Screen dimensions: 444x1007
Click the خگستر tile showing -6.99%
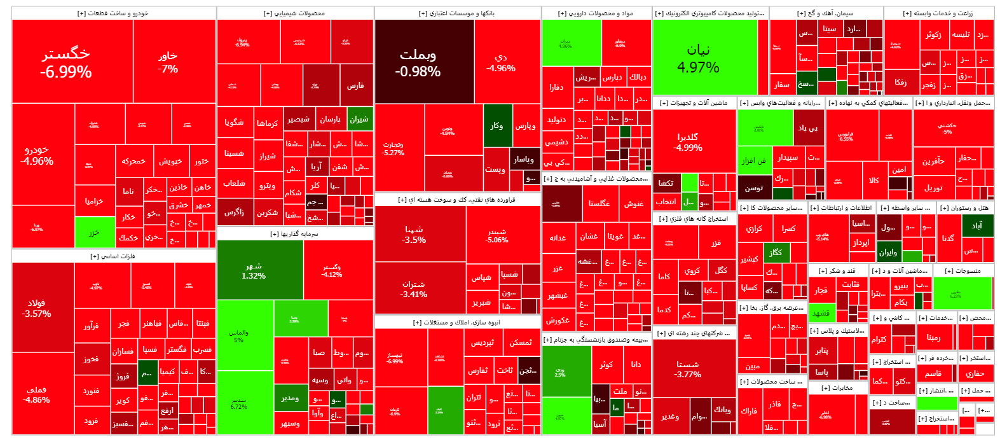coord(66,62)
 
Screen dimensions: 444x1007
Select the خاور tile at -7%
coord(168,62)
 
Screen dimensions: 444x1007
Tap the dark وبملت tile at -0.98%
coord(418,62)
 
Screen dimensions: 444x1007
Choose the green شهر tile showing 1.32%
coord(254,271)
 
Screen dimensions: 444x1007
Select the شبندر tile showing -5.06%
coord(497,236)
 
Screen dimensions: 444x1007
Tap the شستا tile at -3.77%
coord(688,369)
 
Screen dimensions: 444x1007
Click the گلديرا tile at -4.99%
coord(688,142)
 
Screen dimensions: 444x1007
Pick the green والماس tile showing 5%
coord(239,336)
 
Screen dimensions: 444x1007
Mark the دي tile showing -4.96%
coord(501,62)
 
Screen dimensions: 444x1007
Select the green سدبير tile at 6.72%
coord(239,403)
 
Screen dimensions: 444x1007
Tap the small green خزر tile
coord(94,233)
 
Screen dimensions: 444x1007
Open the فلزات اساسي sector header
coord(113,256)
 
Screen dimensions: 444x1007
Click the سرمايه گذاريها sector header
coord(294,234)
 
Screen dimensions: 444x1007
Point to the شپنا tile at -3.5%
coord(414,234)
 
